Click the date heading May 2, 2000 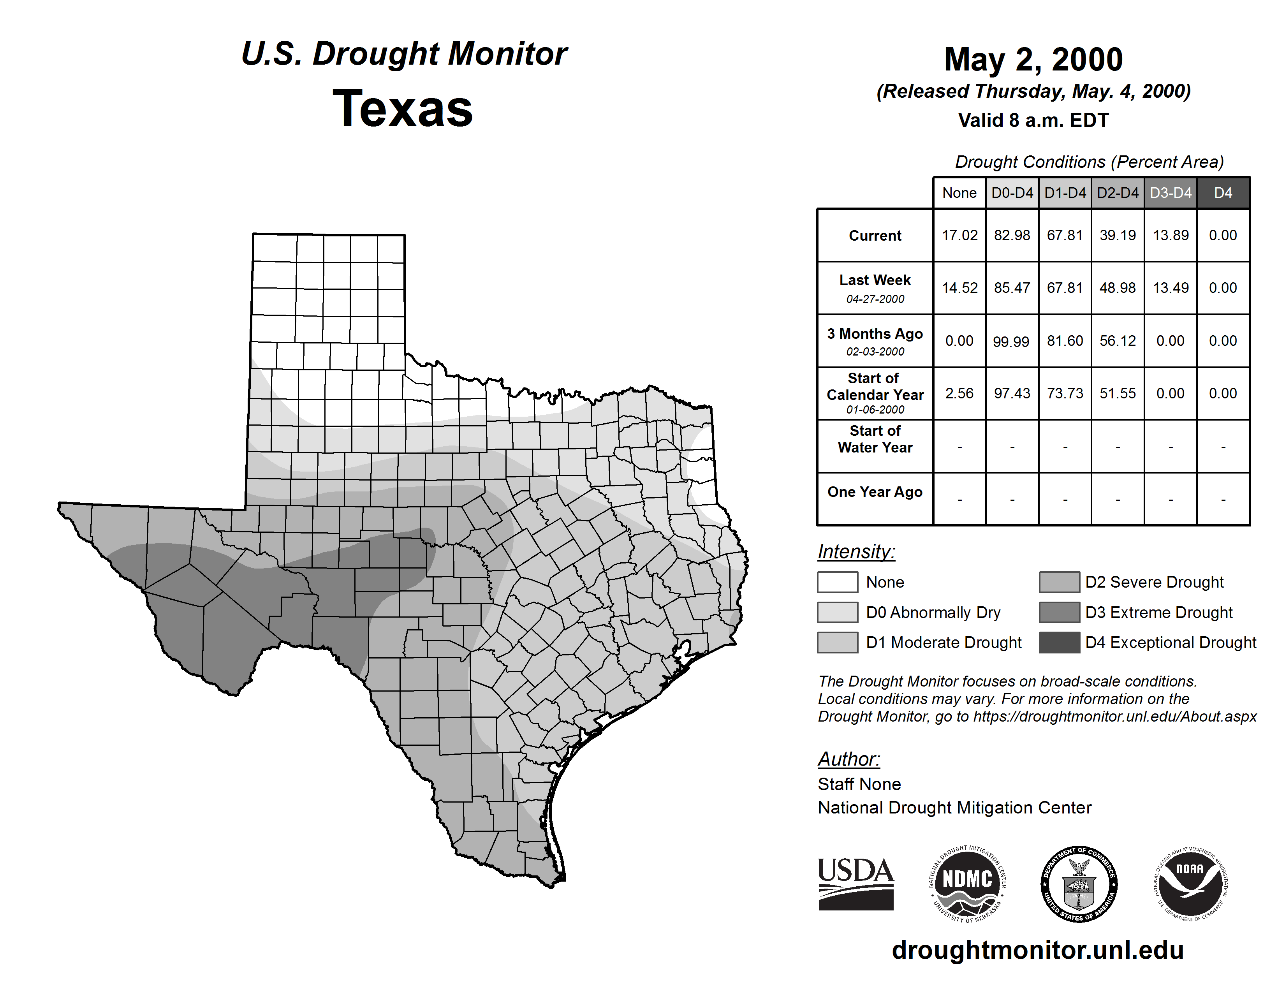pyautogui.click(x=1033, y=60)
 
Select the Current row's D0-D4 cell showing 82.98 pyautogui.click(x=1012, y=235)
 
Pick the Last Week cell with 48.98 pyautogui.click(x=1117, y=288)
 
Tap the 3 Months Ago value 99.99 pyautogui.click(x=1011, y=341)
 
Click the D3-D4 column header pyautogui.click(x=1170, y=193)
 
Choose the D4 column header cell pyautogui.click(x=1223, y=193)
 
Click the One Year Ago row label pyautogui.click(x=875, y=492)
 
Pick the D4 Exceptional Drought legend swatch pyautogui.click(x=1059, y=643)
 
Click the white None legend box pyautogui.click(x=837, y=582)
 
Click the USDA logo pyautogui.click(x=855, y=884)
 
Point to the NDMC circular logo pyautogui.click(x=967, y=884)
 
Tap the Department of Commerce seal pyautogui.click(x=1079, y=884)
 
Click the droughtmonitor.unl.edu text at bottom pyautogui.click(x=1037, y=951)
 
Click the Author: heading pyautogui.click(x=848, y=759)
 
